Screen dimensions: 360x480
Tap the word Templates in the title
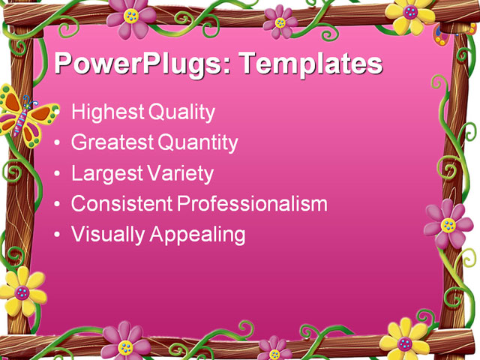click(x=310, y=64)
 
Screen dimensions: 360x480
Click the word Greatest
click(x=109, y=142)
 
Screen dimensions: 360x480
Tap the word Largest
click(x=106, y=174)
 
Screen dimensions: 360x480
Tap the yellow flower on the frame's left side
click(x=22, y=291)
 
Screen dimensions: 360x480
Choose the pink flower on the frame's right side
click(x=448, y=224)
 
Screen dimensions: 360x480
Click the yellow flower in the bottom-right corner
click(x=405, y=342)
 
